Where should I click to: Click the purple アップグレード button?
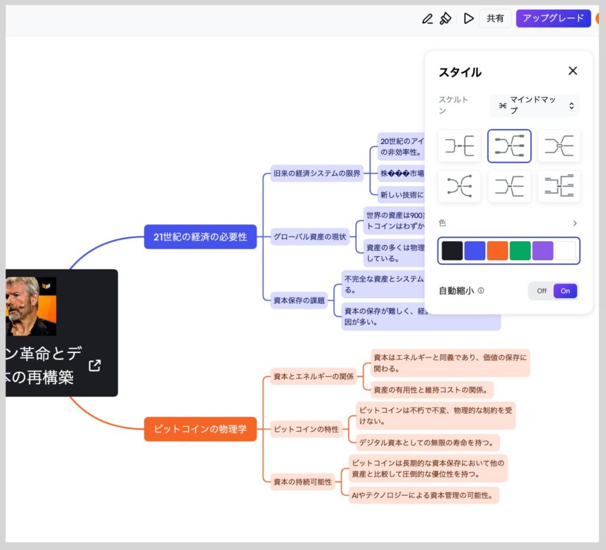click(553, 18)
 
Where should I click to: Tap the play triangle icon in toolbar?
click(469, 18)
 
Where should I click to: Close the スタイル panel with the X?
click(572, 71)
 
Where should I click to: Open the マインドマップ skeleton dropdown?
click(534, 106)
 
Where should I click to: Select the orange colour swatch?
click(498, 251)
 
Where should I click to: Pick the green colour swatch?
click(520, 251)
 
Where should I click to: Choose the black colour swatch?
click(452, 251)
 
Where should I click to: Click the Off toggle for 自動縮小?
click(541, 291)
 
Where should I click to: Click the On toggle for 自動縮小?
click(565, 291)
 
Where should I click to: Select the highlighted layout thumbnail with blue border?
click(509, 145)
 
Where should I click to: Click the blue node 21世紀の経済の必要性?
click(200, 237)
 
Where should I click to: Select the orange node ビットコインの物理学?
click(200, 429)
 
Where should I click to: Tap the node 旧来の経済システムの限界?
click(317, 174)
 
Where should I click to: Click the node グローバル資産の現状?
click(310, 237)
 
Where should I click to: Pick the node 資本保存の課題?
click(299, 300)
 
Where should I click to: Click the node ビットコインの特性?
click(306, 429)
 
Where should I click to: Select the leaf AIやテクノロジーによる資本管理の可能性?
click(424, 495)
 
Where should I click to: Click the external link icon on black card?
click(95, 365)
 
